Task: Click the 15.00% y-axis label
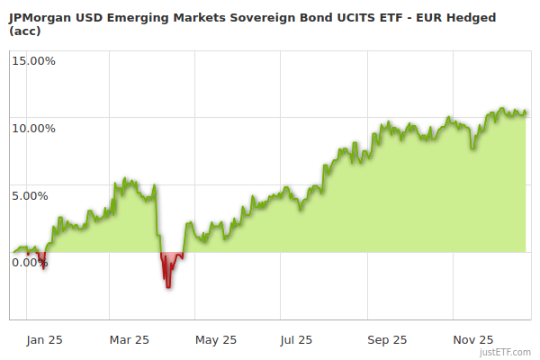point(32,61)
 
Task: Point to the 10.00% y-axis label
point(32,128)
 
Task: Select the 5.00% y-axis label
point(35,195)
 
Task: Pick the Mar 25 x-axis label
point(129,340)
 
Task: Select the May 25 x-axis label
point(215,340)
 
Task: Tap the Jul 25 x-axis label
point(296,340)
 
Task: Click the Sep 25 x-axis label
point(388,340)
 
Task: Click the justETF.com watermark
point(505,353)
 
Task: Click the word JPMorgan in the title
point(39,15)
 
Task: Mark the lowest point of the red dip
point(167,287)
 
